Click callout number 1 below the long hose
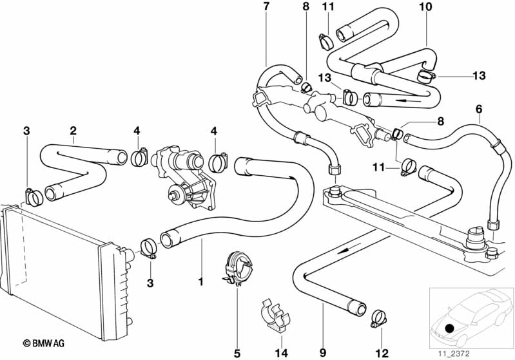tap(200, 281)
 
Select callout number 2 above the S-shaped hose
tap(73, 131)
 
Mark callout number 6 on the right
tap(478, 110)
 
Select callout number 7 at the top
tap(267, 7)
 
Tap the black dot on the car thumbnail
tap(449, 328)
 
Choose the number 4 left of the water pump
tap(137, 131)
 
